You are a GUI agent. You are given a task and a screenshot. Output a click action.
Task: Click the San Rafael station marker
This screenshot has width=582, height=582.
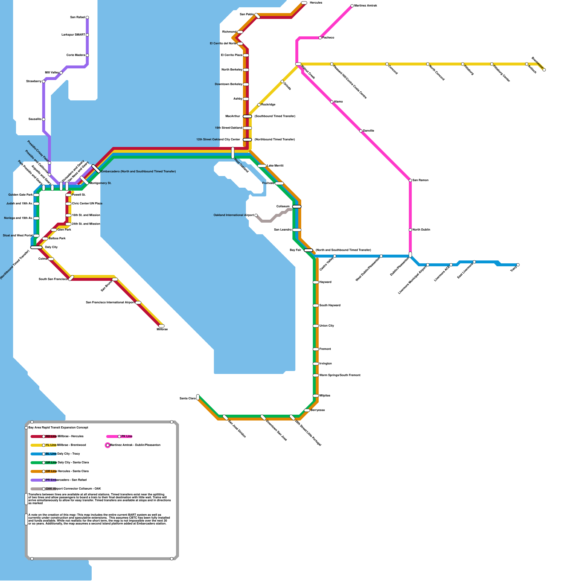pos(87,17)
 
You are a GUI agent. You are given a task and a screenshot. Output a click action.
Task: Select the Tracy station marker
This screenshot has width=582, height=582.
pos(518,265)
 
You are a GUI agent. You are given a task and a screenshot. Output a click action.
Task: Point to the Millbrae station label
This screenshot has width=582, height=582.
pos(162,330)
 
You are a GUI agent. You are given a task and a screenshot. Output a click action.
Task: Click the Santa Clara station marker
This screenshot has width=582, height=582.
pos(198,397)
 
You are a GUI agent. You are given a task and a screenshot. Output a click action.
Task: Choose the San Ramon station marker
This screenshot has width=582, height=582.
pos(410,180)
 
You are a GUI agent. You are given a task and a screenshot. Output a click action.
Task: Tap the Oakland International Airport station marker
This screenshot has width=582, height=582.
pos(256,215)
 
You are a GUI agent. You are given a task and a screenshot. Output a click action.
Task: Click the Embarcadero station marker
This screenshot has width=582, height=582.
pos(96,169)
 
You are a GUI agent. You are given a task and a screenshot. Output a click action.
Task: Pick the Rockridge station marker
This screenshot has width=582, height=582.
pos(259,105)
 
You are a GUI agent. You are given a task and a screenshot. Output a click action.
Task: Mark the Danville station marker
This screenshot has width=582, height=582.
pos(361,131)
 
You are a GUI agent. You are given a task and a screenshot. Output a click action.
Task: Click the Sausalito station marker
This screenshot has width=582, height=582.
pos(44,119)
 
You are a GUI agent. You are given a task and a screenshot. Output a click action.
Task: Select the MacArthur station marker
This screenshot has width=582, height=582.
pos(247,116)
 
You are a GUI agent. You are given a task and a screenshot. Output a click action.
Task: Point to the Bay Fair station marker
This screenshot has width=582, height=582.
pos(308,250)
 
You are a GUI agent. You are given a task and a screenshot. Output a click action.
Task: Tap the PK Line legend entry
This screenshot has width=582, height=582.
pos(127,436)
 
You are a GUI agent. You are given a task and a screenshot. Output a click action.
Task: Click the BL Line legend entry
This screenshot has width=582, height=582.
pos(51,454)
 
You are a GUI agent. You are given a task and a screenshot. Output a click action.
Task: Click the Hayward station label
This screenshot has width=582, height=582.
pos(325,282)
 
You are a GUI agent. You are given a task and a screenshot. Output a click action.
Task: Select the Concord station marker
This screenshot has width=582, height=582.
pos(387,64)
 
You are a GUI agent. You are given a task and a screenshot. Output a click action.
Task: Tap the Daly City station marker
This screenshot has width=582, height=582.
pos(36,247)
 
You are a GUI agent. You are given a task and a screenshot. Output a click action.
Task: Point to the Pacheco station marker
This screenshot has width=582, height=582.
pos(320,38)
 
